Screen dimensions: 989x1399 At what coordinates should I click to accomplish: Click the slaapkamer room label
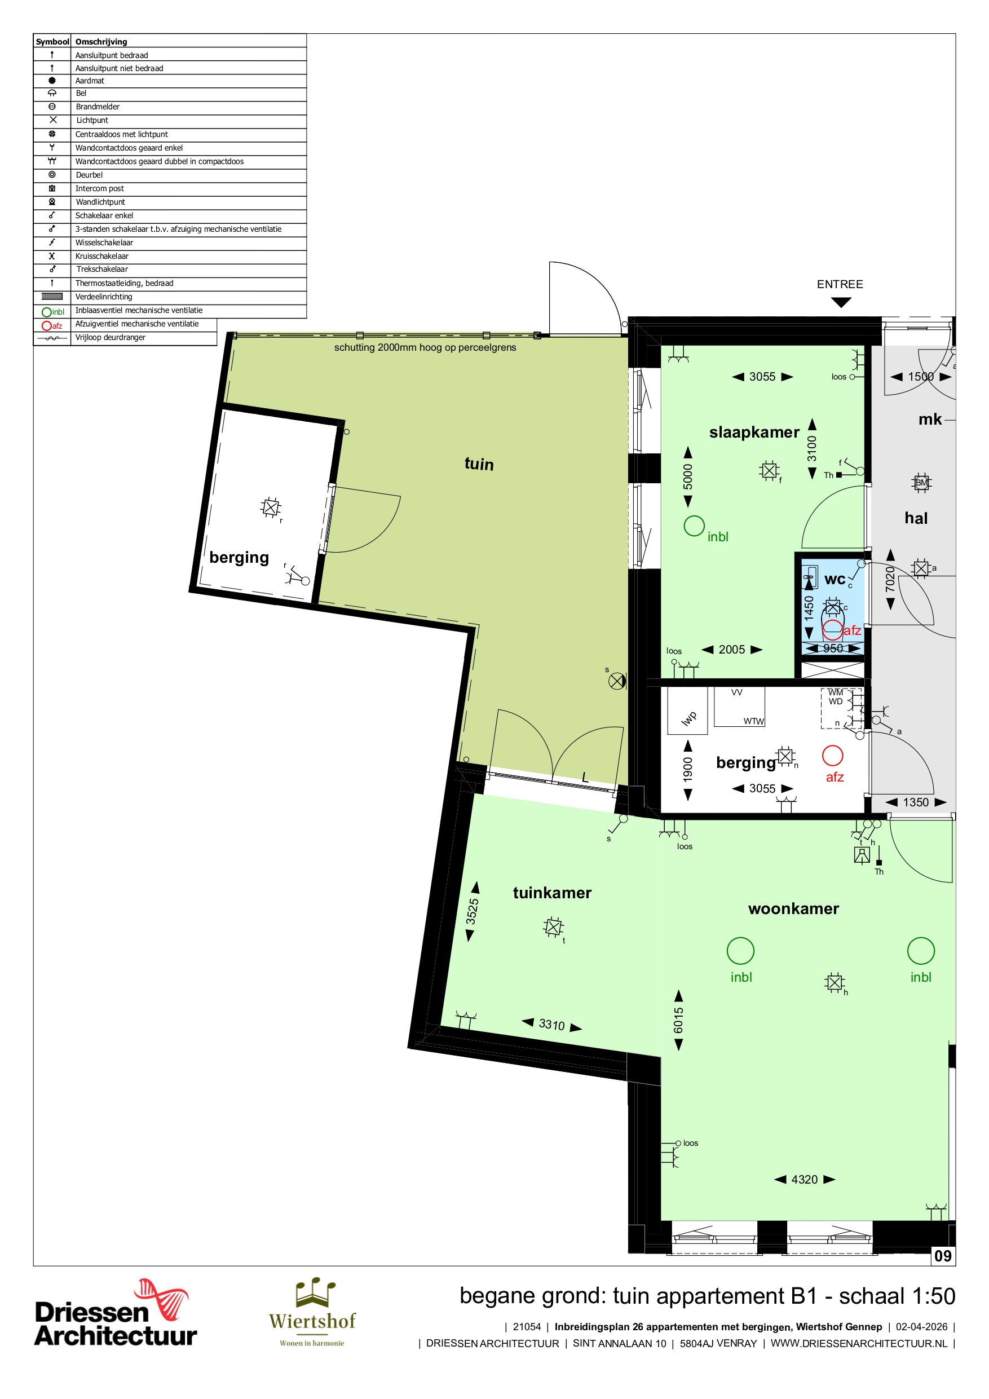point(754,432)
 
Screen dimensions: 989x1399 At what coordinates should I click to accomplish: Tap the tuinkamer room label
point(552,893)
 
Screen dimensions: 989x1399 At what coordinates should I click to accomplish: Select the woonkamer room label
point(793,908)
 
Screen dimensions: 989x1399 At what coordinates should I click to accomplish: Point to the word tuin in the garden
point(479,464)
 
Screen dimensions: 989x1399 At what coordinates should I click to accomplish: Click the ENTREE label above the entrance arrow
point(840,284)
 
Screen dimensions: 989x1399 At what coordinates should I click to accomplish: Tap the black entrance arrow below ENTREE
point(841,302)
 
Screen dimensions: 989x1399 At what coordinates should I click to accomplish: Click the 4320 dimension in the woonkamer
point(805,1180)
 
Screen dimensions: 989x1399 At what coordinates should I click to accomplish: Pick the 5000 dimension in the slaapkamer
point(688,476)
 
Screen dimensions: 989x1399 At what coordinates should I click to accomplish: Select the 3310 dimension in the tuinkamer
point(551,1025)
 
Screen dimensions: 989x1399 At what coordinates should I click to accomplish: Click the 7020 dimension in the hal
point(890,579)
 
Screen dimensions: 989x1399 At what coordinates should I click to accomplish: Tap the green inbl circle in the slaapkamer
point(694,526)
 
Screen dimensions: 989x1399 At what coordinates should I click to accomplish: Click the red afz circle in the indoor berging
point(832,756)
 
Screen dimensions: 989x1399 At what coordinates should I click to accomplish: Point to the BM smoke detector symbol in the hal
point(921,483)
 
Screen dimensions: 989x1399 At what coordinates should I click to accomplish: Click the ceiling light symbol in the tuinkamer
point(553,927)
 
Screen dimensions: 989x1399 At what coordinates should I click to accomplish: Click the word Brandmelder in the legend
point(98,107)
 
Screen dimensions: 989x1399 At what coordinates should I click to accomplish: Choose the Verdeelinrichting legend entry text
point(104,297)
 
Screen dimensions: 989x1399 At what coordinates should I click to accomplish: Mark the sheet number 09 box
point(943,1256)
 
